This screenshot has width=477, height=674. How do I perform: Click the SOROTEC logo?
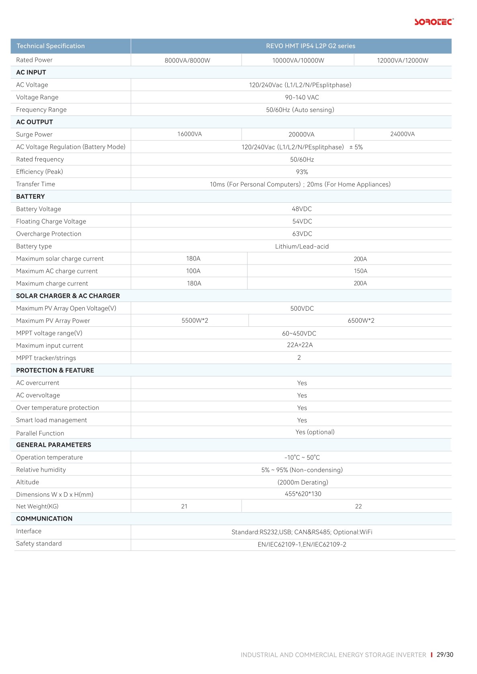(x=434, y=22)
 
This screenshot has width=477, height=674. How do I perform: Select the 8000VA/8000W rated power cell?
(x=187, y=61)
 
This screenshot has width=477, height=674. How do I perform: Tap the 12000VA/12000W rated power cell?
(x=402, y=61)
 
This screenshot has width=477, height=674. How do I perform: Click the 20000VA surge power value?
(x=301, y=134)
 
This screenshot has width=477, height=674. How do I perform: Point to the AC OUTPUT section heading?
(x=35, y=122)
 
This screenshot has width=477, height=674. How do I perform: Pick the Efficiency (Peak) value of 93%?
(x=302, y=172)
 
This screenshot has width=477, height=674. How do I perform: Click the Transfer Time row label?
(x=35, y=184)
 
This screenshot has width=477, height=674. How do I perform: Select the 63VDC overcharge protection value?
(x=302, y=234)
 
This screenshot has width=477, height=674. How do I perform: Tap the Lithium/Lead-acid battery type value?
(x=302, y=246)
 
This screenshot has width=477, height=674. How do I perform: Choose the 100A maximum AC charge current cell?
(x=193, y=271)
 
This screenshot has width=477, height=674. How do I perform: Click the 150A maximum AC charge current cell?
(x=360, y=271)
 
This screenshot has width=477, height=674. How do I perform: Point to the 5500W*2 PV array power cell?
(x=195, y=320)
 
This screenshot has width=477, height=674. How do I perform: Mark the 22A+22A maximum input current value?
(x=300, y=345)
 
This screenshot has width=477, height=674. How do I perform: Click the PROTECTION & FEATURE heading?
(x=55, y=370)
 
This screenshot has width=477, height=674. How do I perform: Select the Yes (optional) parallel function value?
(x=315, y=432)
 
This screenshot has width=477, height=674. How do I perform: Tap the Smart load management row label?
(x=51, y=420)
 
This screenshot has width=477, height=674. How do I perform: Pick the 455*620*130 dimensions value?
(x=303, y=494)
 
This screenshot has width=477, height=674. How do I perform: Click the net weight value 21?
(x=184, y=506)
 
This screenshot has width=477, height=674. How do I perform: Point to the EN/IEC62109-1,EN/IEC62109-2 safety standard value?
(x=302, y=544)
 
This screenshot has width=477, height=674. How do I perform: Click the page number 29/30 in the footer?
(x=445, y=655)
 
